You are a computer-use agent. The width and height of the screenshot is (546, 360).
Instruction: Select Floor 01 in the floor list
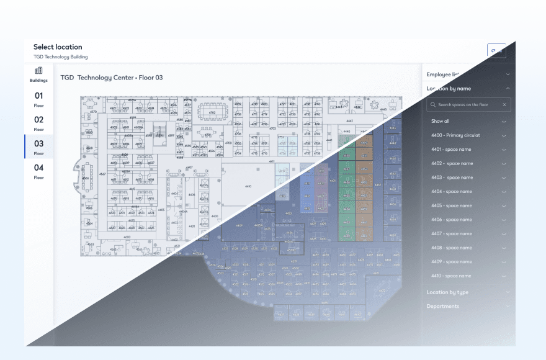click(x=38, y=99)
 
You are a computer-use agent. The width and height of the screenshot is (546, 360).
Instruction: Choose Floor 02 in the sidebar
click(x=38, y=123)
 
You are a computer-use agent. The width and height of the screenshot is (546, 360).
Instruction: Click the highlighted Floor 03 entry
click(x=38, y=146)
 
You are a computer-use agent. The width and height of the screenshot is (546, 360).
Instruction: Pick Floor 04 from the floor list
click(x=38, y=171)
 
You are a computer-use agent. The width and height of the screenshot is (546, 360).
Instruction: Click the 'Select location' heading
click(x=58, y=47)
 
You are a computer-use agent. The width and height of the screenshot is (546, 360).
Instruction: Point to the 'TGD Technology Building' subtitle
click(x=60, y=57)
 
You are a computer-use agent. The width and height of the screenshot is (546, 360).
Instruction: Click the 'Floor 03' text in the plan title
click(x=150, y=78)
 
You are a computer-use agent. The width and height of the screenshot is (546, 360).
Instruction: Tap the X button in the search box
click(x=504, y=105)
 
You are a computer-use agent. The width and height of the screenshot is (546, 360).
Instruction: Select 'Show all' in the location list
click(x=441, y=121)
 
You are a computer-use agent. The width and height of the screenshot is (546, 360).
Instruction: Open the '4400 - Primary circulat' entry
click(x=455, y=135)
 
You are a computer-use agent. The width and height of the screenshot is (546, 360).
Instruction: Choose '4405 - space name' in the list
click(x=452, y=205)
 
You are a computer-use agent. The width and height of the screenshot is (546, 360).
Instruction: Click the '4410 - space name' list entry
click(x=452, y=276)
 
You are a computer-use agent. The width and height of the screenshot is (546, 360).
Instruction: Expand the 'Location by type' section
click(x=447, y=292)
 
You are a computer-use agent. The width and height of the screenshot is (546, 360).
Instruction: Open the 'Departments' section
click(x=443, y=306)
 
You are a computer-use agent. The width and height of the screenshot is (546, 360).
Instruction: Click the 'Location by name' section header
click(x=449, y=89)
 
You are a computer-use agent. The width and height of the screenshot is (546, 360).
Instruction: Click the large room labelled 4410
click(x=248, y=186)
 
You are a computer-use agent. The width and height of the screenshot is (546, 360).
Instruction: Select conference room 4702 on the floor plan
click(x=212, y=113)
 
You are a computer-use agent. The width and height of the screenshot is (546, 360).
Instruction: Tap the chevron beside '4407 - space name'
click(x=504, y=234)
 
